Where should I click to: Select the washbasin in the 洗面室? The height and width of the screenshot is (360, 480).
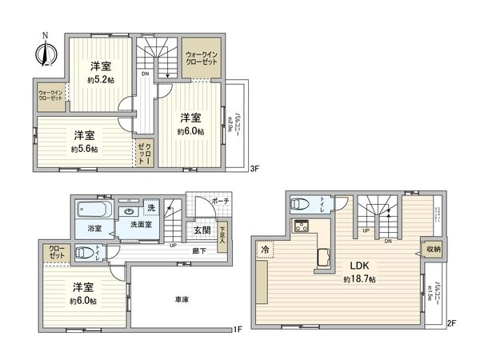(130, 212)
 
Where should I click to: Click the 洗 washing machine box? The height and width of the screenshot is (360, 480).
(150, 210)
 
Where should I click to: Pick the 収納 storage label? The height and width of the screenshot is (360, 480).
(433, 250)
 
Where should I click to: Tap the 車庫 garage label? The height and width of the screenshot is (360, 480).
(182, 300)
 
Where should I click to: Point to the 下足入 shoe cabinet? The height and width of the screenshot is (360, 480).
(222, 231)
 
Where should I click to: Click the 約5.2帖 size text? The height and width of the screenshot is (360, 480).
(99, 80)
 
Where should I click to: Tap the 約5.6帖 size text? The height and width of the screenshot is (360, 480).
(83, 149)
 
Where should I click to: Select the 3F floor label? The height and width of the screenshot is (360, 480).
(255, 169)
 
